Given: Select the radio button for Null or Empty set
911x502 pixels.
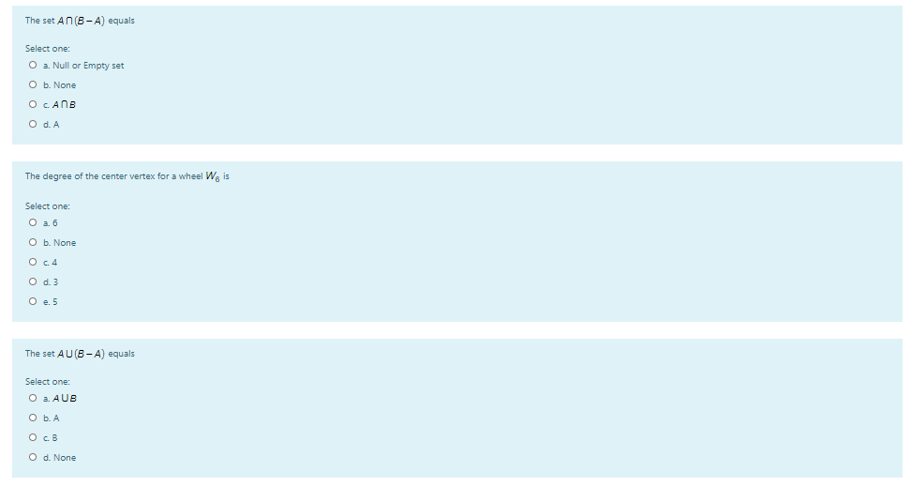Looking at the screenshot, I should click(x=33, y=66).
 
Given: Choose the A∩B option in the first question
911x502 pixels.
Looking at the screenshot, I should click(x=33, y=104).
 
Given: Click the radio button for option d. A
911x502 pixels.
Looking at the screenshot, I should click(x=33, y=124).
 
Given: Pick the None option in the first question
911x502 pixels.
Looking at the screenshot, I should click(x=33, y=85).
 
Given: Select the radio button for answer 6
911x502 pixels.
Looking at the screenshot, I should click(x=33, y=223).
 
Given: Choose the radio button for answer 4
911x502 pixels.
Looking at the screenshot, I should click(x=33, y=263).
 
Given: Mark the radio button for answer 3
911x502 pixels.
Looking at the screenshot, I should click(x=33, y=282).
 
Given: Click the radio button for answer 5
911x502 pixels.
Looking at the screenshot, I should click(x=33, y=302).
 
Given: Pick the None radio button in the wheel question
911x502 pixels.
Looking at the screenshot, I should click(x=33, y=243).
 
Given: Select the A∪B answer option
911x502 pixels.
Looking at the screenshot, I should click(x=33, y=399).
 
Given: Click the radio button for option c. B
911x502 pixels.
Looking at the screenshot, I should click(x=33, y=438).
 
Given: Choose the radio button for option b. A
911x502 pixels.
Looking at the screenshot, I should click(x=33, y=418).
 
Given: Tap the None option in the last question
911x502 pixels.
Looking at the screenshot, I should click(x=33, y=458).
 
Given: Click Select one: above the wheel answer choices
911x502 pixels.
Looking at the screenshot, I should click(x=47, y=205).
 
